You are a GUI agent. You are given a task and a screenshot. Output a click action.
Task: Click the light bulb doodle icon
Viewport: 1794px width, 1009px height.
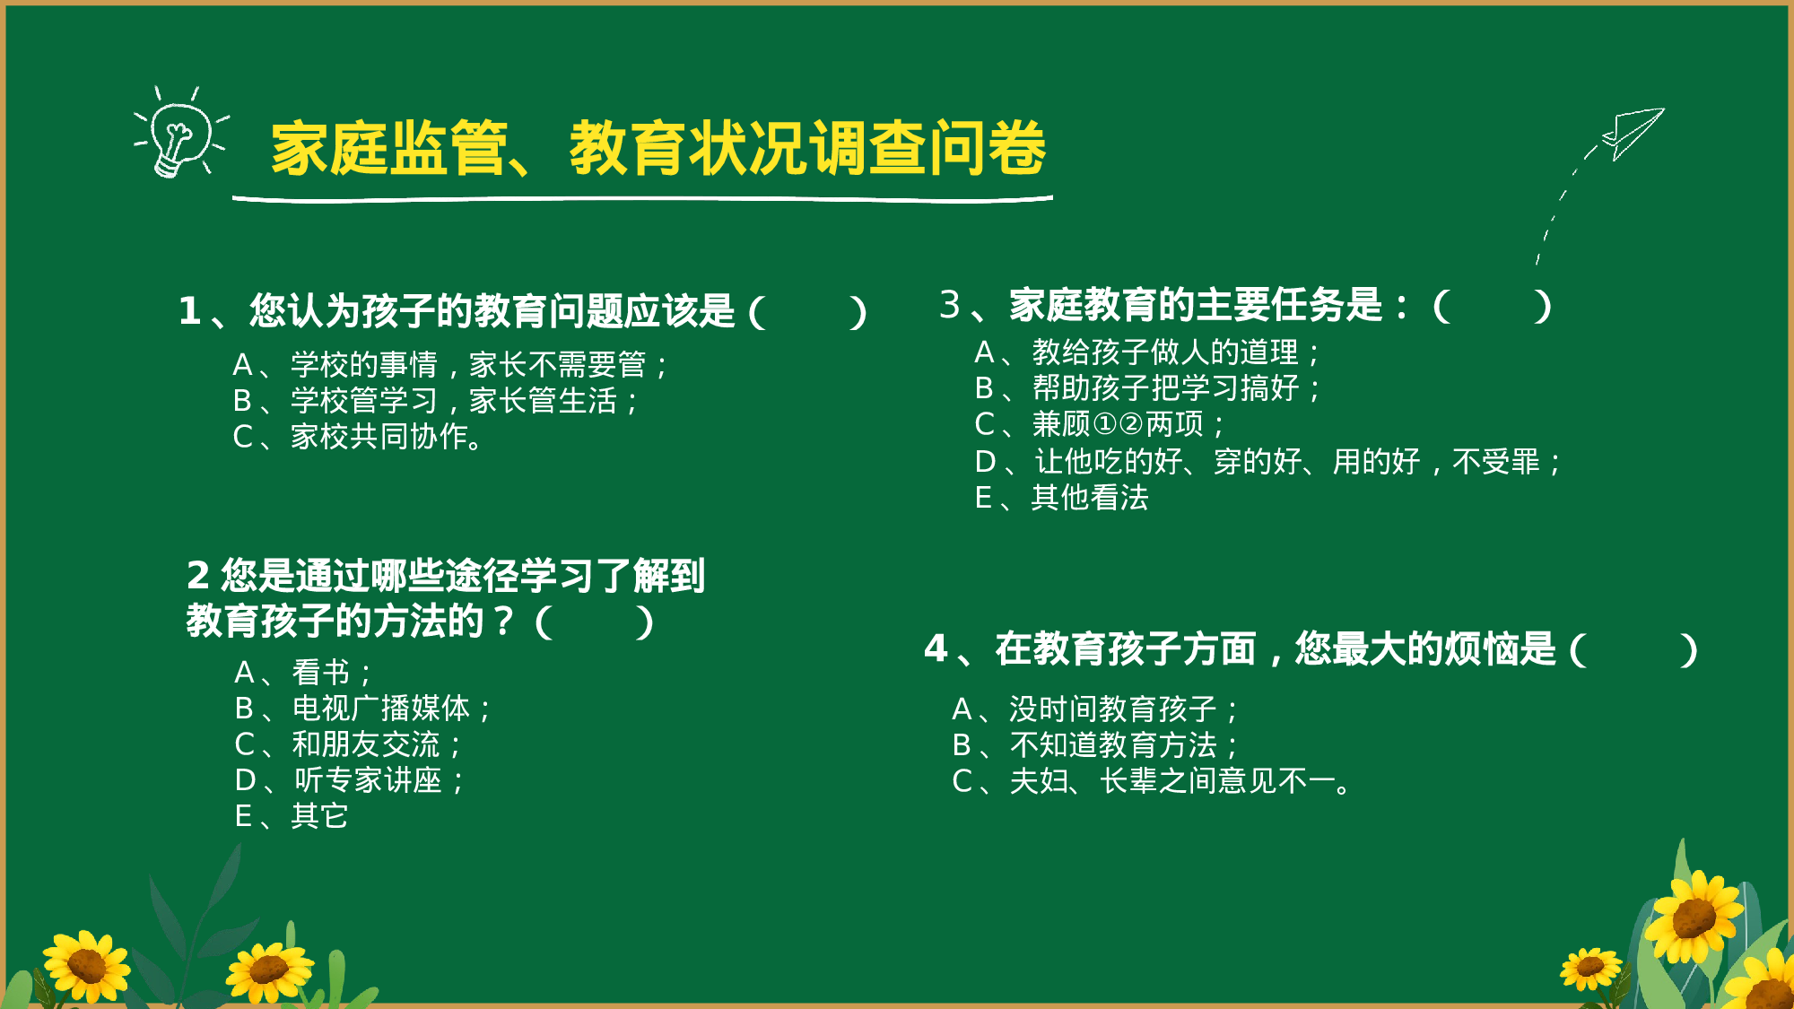tap(179, 135)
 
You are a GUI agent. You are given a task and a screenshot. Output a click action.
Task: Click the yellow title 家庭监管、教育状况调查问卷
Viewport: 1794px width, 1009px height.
tap(658, 149)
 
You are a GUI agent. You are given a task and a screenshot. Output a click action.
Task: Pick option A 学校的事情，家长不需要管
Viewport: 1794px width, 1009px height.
tap(450, 365)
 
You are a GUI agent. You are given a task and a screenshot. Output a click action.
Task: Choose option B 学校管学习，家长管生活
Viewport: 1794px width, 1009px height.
tap(436, 401)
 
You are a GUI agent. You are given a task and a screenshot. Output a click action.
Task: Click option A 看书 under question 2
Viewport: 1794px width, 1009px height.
tap(303, 673)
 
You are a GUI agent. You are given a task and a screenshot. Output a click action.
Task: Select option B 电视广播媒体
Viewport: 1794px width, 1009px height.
tap(363, 709)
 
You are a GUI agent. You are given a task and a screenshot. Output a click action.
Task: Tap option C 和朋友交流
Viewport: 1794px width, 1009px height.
tap(349, 744)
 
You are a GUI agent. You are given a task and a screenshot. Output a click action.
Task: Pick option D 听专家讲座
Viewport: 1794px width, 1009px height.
tap(350, 780)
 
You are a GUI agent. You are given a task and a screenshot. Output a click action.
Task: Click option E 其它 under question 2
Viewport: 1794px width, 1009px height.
tap(292, 816)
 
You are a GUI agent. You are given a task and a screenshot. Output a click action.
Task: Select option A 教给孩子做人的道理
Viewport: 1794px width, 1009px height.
tap(1147, 352)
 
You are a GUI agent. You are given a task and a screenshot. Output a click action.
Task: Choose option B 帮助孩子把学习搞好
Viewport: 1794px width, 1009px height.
tap(1147, 388)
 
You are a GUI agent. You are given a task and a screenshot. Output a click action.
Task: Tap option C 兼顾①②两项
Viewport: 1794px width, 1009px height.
tap(1100, 424)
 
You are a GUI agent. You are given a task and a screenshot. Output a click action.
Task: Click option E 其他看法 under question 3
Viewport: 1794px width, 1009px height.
tap(1062, 498)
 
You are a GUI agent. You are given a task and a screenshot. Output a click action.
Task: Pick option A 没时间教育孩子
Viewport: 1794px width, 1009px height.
tap(1095, 709)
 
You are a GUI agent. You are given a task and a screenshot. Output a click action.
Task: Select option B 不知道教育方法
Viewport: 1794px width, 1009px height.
tap(1095, 745)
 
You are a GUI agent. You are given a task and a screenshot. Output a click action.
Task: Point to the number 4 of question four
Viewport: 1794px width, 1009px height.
tap(936, 648)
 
